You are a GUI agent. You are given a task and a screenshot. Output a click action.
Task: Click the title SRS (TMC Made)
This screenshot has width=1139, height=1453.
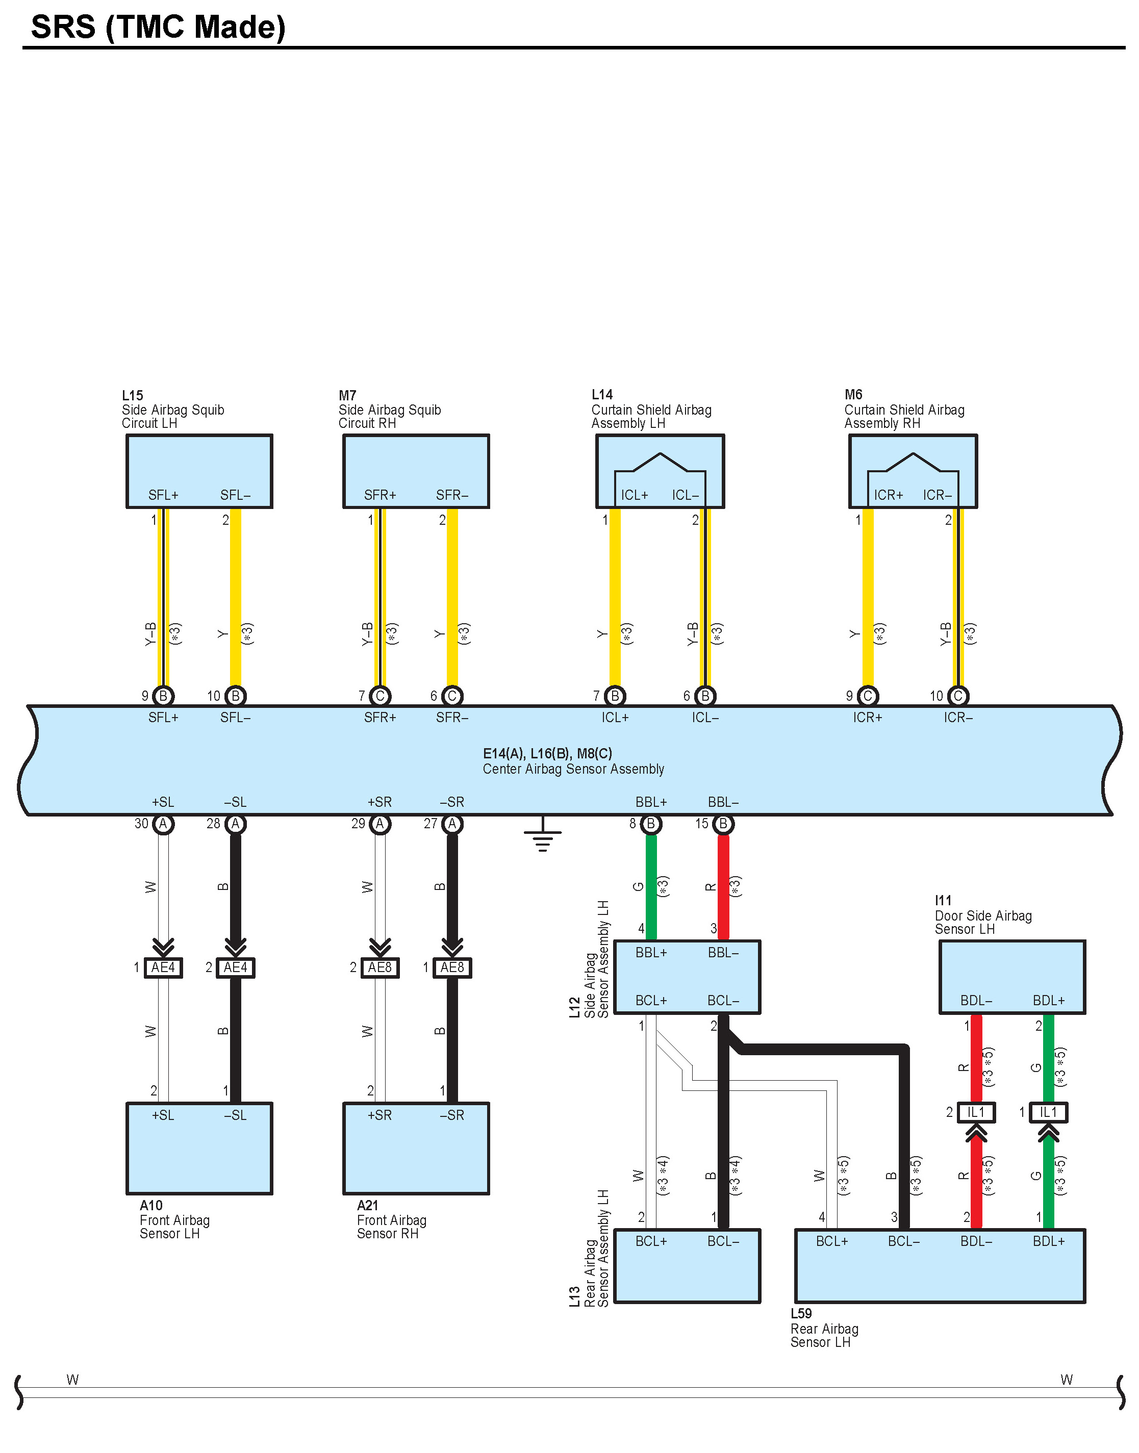click(158, 28)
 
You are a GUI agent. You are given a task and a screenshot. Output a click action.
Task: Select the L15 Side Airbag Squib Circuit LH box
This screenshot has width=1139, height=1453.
click(199, 471)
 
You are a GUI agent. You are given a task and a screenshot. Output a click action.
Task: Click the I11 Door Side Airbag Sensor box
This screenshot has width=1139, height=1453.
click(1011, 977)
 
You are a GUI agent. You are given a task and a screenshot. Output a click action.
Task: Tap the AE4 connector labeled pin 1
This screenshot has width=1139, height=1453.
click(163, 967)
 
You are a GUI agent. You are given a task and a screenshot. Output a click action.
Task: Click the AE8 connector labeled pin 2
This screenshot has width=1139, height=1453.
click(379, 967)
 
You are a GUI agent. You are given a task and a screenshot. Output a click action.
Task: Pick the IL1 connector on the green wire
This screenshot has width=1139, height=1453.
click(1048, 1112)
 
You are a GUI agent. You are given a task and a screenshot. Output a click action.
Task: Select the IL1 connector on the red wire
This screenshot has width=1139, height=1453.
click(976, 1112)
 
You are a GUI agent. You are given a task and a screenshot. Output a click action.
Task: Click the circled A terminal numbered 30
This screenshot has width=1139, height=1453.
click(163, 824)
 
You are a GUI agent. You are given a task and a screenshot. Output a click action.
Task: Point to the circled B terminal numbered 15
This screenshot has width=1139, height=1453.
click(723, 824)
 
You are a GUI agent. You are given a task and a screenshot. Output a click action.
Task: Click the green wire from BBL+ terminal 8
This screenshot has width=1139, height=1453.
click(651, 887)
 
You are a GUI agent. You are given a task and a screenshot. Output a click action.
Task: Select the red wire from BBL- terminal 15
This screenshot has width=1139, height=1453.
click(723, 887)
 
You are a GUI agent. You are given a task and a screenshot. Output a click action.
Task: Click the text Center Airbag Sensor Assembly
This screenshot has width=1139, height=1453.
click(573, 769)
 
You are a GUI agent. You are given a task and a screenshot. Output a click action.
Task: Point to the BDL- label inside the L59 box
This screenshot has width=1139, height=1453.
click(976, 1242)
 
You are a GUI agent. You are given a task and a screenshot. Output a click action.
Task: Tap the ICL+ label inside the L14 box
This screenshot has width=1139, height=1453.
click(634, 495)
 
